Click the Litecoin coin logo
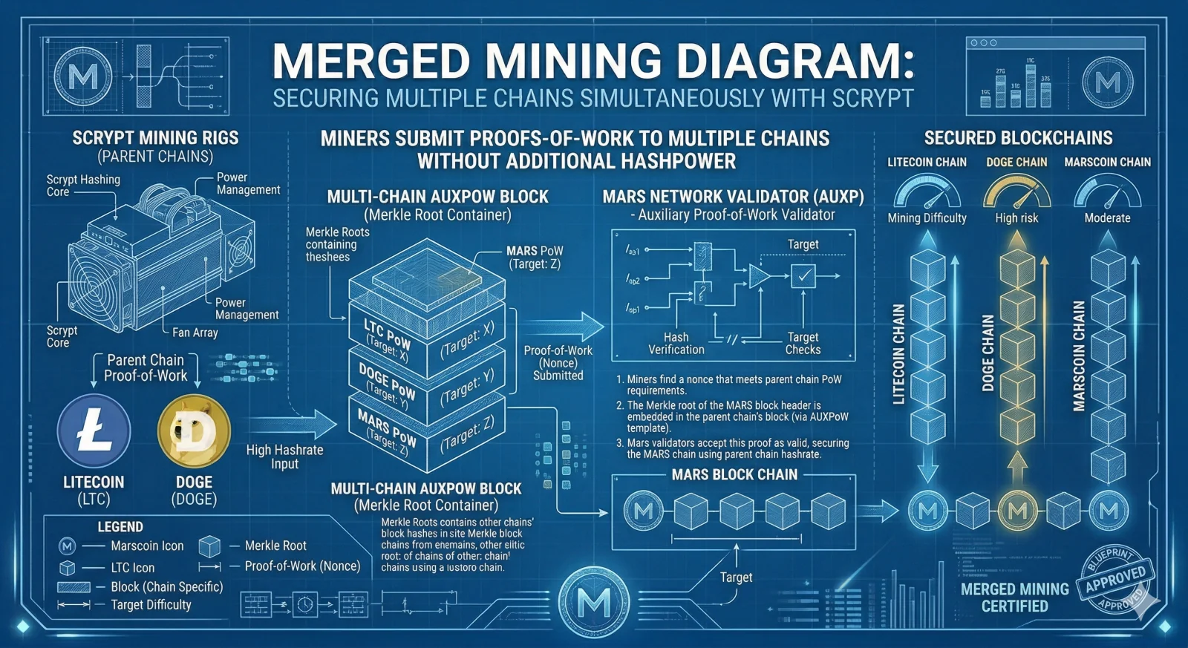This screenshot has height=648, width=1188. pyautogui.click(x=94, y=431)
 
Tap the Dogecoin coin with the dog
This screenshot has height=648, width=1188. pyautogui.click(x=195, y=431)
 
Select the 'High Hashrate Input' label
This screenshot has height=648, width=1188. pyautogui.click(x=284, y=456)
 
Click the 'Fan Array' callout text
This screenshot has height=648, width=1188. pyautogui.click(x=195, y=333)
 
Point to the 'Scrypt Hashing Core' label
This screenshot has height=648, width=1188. pyautogui.click(x=82, y=185)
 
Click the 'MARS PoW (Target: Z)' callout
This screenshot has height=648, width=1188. pyautogui.click(x=535, y=257)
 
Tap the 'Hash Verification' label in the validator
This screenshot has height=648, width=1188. pyautogui.click(x=676, y=343)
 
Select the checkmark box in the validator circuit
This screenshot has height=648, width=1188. pyautogui.click(x=803, y=276)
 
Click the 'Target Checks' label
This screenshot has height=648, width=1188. pyautogui.click(x=803, y=343)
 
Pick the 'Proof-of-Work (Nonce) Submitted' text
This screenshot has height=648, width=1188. pyautogui.click(x=558, y=363)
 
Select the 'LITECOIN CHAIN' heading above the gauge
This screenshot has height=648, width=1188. pyautogui.click(x=927, y=162)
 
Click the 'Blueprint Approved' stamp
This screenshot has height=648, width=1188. pyautogui.click(x=1115, y=580)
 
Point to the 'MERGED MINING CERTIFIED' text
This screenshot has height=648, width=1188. pyautogui.click(x=1014, y=597)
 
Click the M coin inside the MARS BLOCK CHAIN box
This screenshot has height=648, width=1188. pyautogui.click(x=643, y=511)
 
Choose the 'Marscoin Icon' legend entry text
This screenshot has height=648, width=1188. pyautogui.click(x=147, y=546)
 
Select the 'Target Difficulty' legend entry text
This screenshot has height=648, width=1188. pyautogui.click(x=151, y=604)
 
